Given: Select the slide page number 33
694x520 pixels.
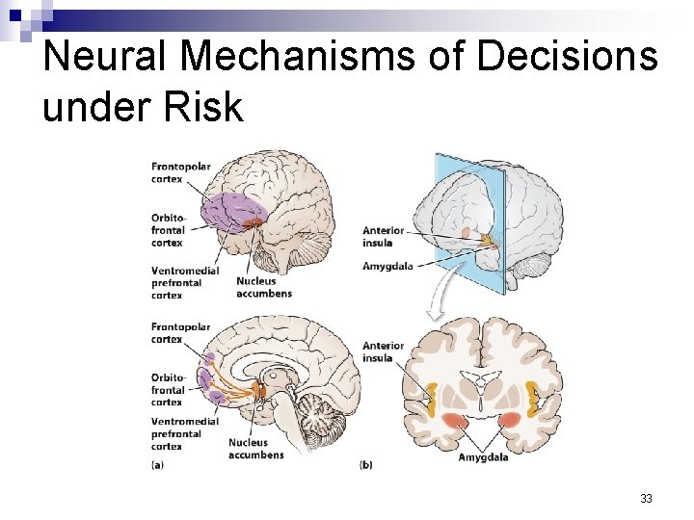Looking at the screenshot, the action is click(646, 499).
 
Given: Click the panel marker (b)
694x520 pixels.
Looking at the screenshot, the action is click(366, 465).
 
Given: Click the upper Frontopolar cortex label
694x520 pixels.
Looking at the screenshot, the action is click(180, 172).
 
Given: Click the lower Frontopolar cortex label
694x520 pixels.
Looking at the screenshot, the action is click(180, 333).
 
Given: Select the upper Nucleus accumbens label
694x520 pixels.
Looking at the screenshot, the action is click(263, 287).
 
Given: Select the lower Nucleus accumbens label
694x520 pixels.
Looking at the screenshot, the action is click(255, 449).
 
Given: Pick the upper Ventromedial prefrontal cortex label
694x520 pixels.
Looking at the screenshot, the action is click(176, 283).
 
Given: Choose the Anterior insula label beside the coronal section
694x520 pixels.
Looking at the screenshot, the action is click(383, 351).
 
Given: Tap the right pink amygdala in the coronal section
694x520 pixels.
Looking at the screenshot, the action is click(508, 419).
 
